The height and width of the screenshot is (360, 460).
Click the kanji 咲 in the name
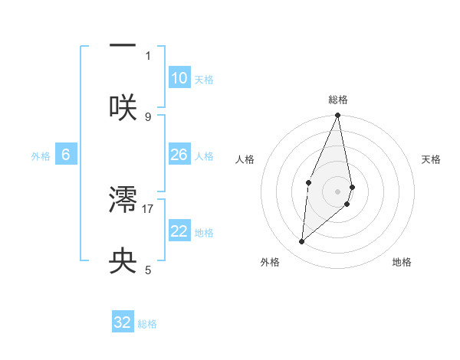click(x=123, y=106)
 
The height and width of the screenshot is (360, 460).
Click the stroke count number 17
click(x=149, y=208)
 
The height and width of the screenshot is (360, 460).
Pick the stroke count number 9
click(x=148, y=116)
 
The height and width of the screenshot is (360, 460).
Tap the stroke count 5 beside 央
click(x=148, y=270)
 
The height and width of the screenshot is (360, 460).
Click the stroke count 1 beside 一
click(x=148, y=55)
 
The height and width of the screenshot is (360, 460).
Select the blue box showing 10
click(x=179, y=78)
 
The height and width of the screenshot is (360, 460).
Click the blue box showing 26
click(x=179, y=155)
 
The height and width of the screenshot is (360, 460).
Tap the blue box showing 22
click(x=179, y=231)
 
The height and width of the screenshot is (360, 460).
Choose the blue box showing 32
click(x=123, y=322)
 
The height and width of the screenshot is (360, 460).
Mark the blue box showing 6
click(x=65, y=155)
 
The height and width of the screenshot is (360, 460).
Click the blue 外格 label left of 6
click(x=41, y=155)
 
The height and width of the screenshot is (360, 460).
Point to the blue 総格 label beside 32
click(x=147, y=324)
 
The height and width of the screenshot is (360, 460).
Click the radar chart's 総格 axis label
click(x=338, y=100)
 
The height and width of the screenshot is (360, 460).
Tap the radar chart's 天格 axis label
click(x=432, y=159)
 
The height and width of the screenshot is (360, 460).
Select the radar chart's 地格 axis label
click(x=402, y=262)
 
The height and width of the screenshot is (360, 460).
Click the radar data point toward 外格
click(x=302, y=241)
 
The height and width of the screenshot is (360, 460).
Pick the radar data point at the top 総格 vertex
click(x=338, y=116)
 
